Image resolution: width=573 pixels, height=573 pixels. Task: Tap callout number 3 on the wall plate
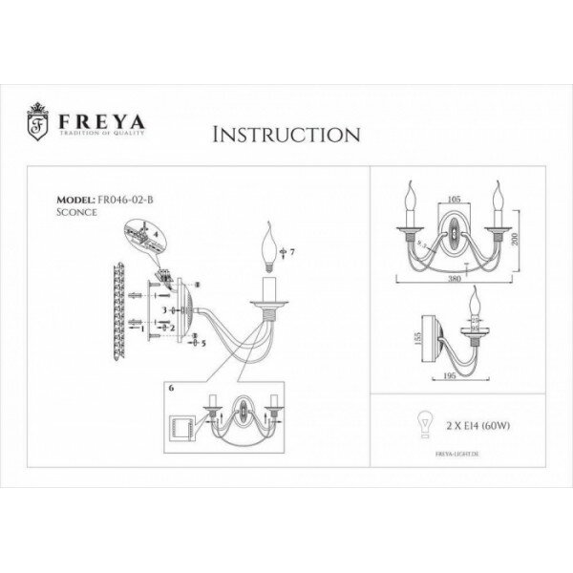click(x=164, y=310)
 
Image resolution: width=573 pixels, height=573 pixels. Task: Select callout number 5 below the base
click(x=203, y=341)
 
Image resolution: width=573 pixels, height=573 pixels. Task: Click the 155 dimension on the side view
click(x=404, y=339)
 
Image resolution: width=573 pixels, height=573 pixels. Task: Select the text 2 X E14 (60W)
click(x=466, y=424)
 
